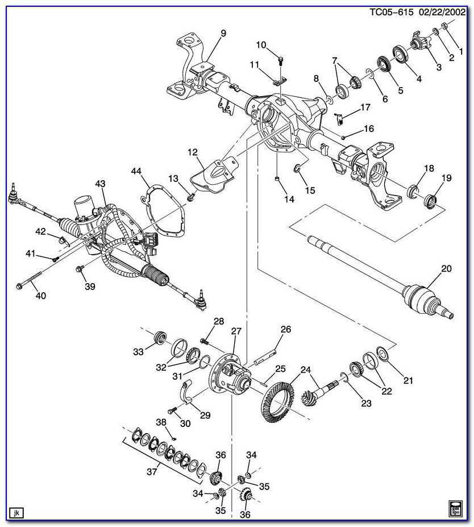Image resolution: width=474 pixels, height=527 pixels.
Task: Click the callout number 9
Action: (x=223, y=34)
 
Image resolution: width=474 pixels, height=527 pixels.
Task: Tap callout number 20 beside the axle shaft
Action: (x=446, y=268)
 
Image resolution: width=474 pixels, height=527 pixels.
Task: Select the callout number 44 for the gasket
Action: (x=136, y=171)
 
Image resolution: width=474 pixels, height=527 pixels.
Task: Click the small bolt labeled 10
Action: (x=281, y=59)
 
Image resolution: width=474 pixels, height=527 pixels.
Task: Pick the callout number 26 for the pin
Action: (x=285, y=329)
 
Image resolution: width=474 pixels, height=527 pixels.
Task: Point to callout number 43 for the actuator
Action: (x=101, y=184)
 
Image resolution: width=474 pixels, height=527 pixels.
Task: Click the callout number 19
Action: (x=446, y=178)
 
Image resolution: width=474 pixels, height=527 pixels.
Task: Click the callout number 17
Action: (x=365, y=107)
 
